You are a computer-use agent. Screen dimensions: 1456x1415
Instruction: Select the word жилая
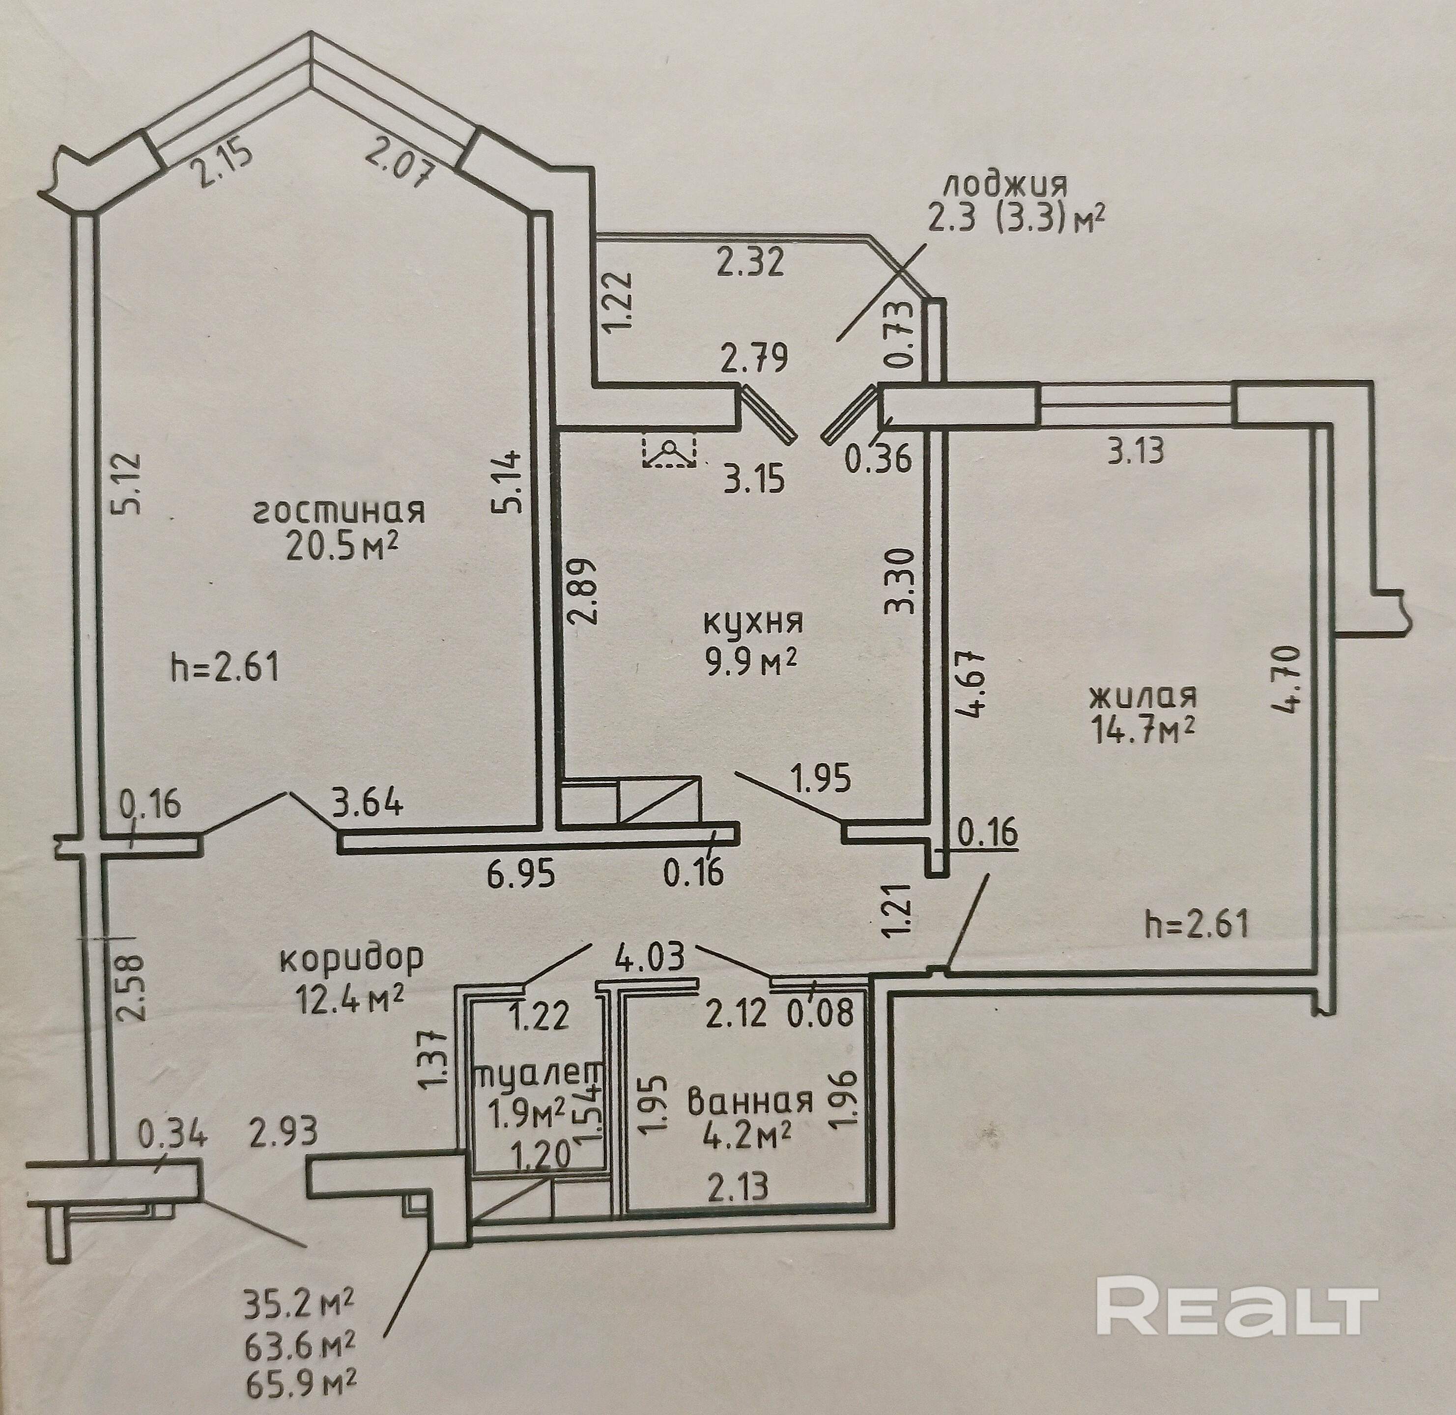(1142, 697)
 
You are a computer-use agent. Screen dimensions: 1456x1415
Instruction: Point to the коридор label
(351, 958)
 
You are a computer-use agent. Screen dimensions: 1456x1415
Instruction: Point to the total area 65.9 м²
(300, 1382)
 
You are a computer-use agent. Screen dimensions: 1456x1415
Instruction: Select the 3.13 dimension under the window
(1135, 451)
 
